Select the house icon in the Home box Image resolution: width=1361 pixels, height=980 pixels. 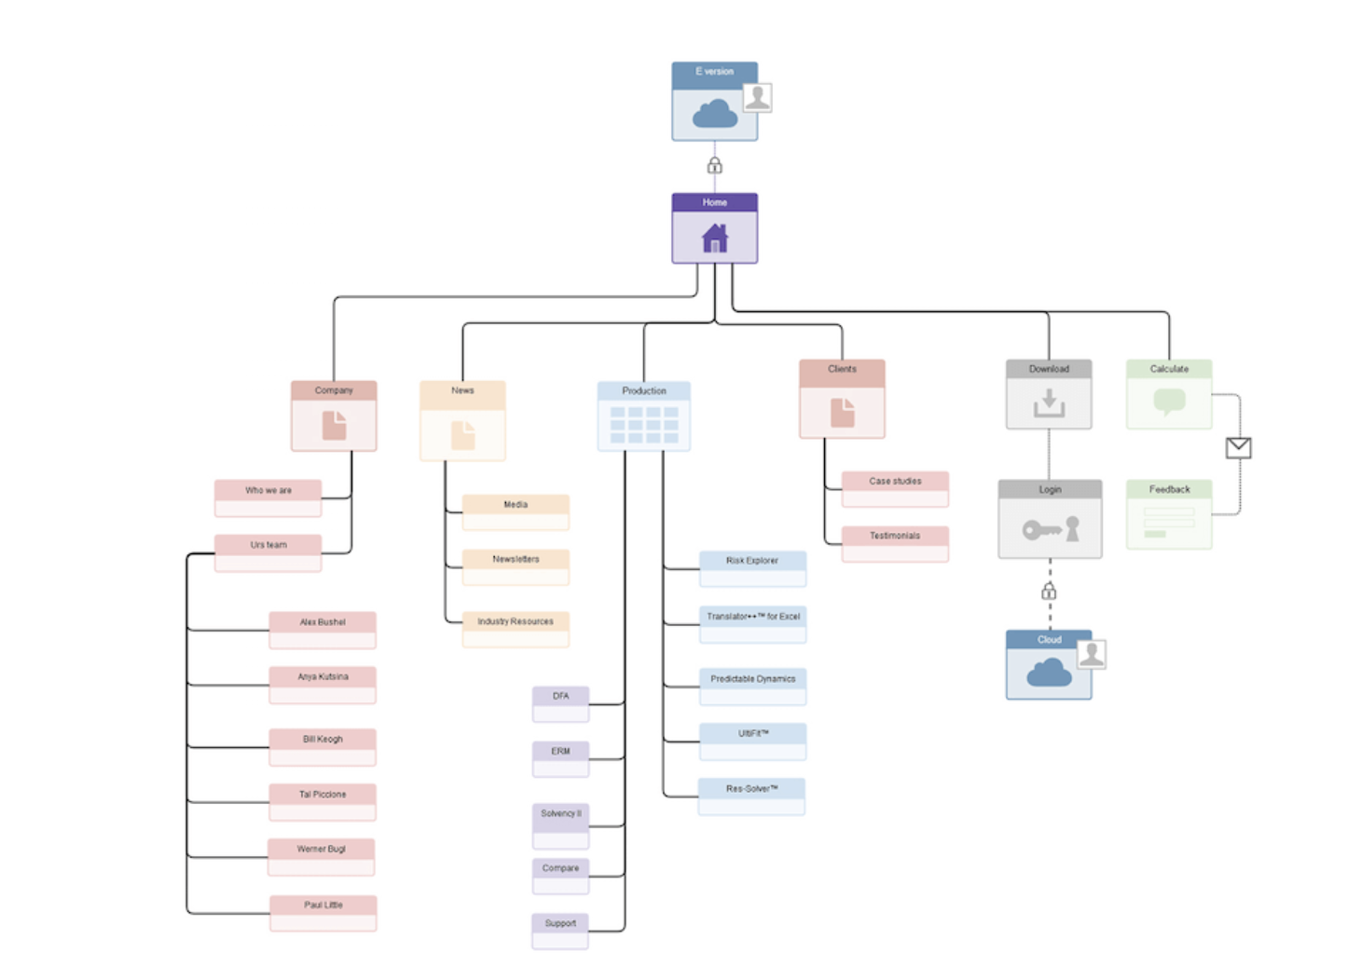(x=714, y=238)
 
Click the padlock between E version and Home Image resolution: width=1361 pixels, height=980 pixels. (x=714, y=166)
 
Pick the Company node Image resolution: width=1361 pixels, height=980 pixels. (x=334, y=415)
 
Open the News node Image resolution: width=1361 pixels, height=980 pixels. (x=462, y=420)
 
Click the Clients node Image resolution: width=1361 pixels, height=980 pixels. (x=842, y=399)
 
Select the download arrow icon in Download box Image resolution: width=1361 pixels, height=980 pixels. (x=1049, y=403)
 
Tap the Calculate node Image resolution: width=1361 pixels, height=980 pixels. (x=1169, y=394)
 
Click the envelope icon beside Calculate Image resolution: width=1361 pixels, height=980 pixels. (x=1238, y=448)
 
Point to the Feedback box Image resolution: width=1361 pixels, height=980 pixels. (x=1169, y=514)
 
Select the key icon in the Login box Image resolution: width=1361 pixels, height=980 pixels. (x=1042, y=530)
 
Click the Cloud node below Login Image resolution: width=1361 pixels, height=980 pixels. (x=1049, y=664)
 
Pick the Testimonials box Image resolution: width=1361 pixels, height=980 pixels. (x=895, y=543)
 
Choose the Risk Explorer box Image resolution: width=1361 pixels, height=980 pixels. (x=752, y=568)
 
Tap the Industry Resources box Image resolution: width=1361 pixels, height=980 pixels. (x=516, y=629)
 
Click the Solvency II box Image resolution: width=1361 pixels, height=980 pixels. (x=560, y=824)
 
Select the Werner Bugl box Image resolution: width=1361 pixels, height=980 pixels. (x=322, y=856)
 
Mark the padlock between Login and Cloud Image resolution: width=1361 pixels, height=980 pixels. (x=1049, y=591)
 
